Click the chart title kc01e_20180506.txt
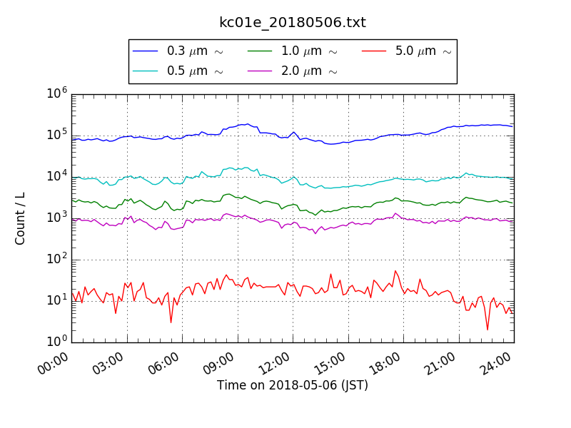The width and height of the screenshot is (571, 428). coord(293,22)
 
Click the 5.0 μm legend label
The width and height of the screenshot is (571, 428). coord(423,51)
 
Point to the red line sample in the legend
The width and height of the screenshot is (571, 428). coord(374,51)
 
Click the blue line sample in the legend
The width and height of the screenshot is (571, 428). coord(146,51)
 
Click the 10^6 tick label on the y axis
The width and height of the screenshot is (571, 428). coord(58,93)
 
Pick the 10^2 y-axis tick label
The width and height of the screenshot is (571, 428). coord(58,259)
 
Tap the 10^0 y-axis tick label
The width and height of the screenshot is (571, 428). coord(58,342)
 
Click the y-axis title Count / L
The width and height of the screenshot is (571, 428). coord(21,218)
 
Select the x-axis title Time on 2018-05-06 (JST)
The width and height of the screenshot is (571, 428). coord(293,385)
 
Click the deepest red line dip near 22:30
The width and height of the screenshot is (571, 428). coord(487,330)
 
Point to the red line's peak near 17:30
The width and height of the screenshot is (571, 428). coord(395,271)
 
